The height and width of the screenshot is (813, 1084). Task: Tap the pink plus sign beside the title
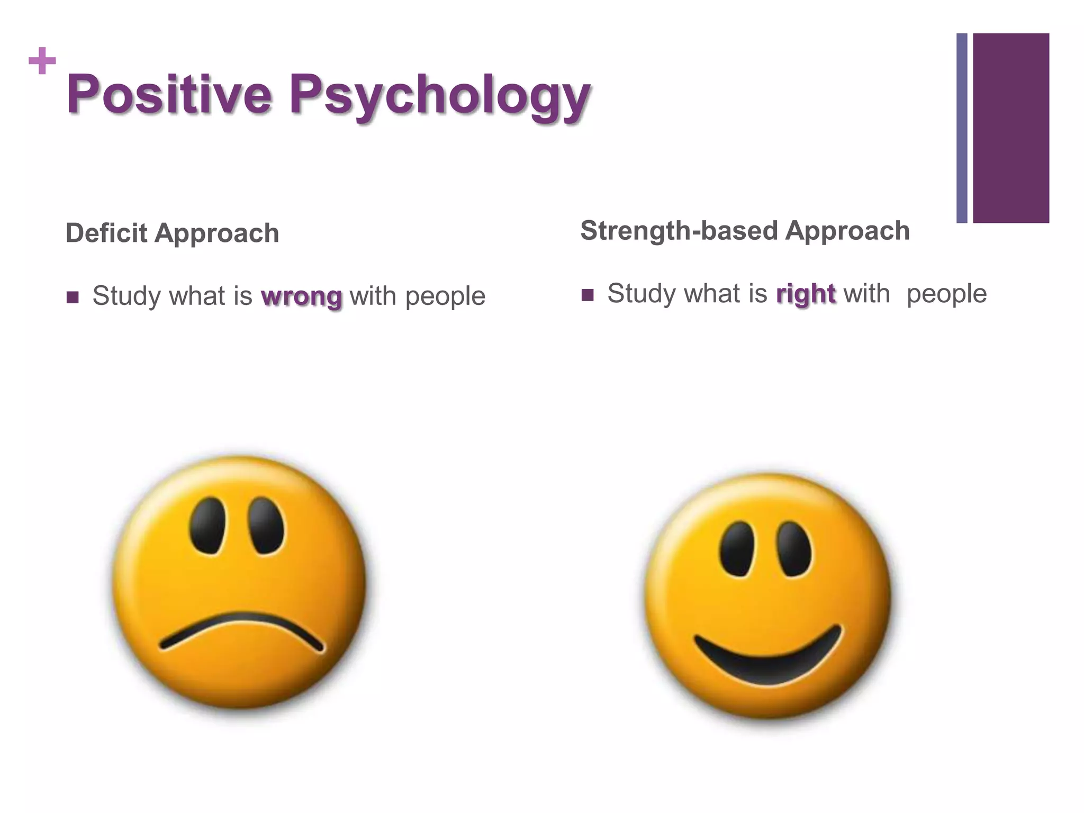[x=42, y=61]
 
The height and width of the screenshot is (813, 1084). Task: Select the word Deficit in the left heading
[x=106, y=233]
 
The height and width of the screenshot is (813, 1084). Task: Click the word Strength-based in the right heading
[x=679, y=231]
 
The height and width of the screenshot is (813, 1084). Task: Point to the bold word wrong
[x=301, y=296]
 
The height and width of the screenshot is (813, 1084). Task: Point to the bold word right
[x=806, y=294]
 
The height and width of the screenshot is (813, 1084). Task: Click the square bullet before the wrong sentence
[x=73, y=297]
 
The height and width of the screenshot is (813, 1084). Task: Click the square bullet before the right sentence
[x=588, y=295]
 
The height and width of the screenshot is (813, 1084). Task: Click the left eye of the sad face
[x=208, y=526]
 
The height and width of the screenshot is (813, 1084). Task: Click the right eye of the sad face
[x=266, y=526]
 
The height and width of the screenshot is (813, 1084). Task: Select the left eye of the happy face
[x=736, y=549]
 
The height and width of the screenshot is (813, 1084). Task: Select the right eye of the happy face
[x=794, y=549]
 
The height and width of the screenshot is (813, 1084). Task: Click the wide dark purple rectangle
[x=1011, y=128]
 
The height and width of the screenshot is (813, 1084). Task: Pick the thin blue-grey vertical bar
[x=962, y=128]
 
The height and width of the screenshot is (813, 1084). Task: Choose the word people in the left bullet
[x=445, y=296]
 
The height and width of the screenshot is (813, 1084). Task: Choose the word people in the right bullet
[x=946, y=294]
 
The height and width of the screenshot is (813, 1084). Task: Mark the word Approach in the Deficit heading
[x=216, y=233]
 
